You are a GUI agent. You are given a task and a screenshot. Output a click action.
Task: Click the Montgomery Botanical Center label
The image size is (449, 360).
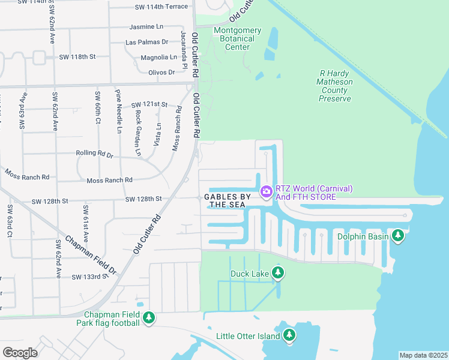click(238, 38)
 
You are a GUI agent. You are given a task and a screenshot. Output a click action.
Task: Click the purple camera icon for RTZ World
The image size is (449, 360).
click(265, 191)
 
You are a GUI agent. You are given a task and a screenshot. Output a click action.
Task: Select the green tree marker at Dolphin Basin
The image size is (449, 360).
click(398, 236)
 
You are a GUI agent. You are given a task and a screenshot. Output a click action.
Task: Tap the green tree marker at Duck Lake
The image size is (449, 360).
click(277, 273)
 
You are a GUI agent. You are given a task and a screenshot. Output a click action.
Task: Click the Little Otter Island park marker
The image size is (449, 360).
click(289, 335)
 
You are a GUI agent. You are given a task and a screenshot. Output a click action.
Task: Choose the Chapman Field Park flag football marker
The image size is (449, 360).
click(149, 318)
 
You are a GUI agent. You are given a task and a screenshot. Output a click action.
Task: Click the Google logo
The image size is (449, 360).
click(20, 352)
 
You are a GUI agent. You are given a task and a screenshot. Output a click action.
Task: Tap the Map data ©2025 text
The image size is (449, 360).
click(423, 355)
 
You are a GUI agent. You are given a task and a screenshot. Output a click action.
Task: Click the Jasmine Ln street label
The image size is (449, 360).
click(146, 27)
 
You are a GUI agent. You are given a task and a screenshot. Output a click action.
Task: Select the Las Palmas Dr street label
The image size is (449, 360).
click(147, 42)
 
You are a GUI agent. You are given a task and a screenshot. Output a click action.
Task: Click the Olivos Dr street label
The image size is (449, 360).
click(161, 72)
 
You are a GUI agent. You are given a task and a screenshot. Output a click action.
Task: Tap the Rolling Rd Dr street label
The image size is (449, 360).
click(94, 154)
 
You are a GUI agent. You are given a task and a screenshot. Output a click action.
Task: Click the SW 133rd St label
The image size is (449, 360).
click(91, 277)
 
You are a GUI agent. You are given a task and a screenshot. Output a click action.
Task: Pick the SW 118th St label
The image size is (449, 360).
click(77, 57)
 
